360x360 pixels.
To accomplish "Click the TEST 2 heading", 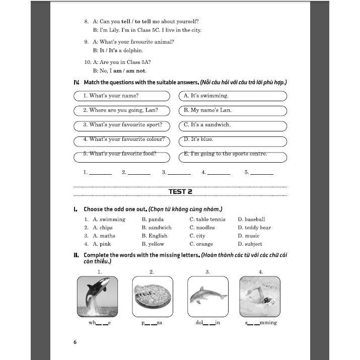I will (x=180, y=192).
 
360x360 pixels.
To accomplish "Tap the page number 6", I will (x=75, y=342).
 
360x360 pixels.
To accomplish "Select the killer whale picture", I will (x=97, y=296).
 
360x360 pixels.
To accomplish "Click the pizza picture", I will (x=152, y=296).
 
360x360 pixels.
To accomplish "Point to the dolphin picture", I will (x=207, y=296).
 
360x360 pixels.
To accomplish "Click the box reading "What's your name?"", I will (x=121, y=96).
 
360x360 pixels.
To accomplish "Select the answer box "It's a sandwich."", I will (x=233, y=124).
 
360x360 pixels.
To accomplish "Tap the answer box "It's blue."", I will (x=233, y=139).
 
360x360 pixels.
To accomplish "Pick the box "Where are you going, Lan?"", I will (x=121, y=110).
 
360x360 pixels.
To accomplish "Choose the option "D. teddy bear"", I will (x=254, y=228).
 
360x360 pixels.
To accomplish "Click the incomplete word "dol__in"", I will (x=207, y=323).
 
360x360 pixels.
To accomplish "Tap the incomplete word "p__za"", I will (x=152, y=323).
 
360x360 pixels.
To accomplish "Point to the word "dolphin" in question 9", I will (x=132, y=50).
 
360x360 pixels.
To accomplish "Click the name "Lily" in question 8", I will (x=116, y=30).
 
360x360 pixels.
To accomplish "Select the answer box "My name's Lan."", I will (x=233, y=110).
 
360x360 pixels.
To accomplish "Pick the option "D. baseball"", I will (x=251, y=220).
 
